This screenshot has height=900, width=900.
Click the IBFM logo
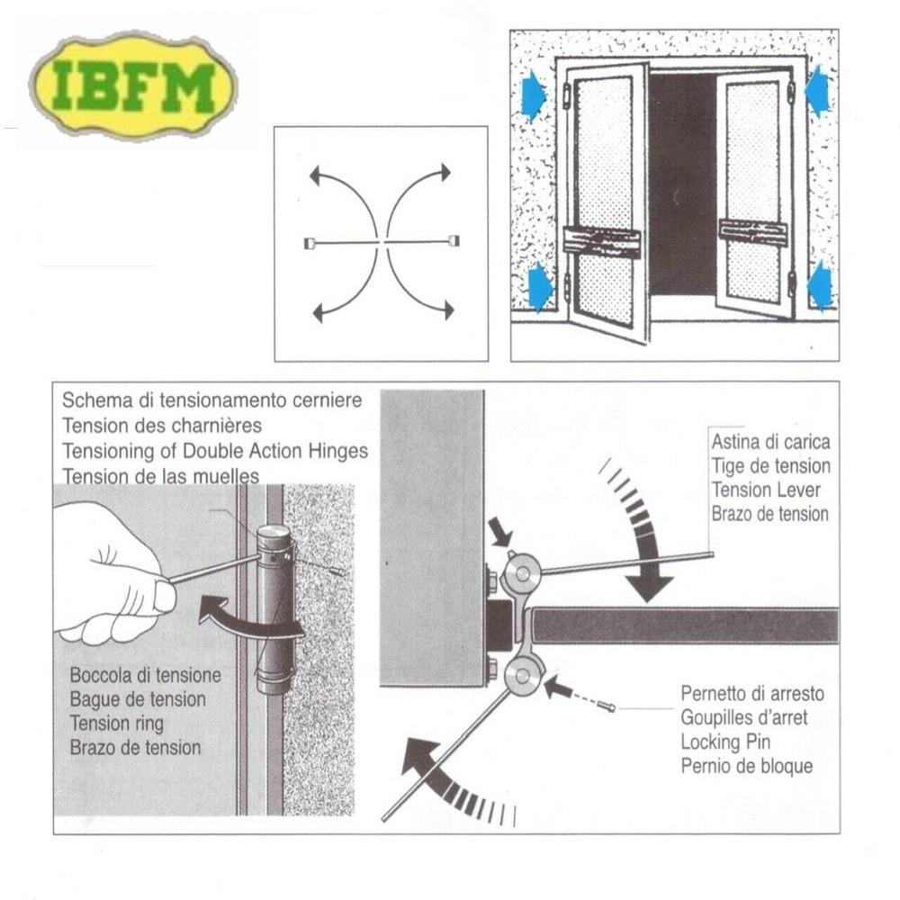tap(133, 85)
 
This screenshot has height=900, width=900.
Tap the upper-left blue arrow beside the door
tap(533, 96)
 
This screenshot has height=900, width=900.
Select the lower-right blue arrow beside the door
tap(820, 286)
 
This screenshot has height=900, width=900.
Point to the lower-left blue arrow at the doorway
tap(539, 286)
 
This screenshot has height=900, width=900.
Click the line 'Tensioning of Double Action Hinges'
tap(215, 452)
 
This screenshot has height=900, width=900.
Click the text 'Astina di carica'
tap(770, 443)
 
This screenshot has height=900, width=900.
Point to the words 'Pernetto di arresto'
tap(751, 695)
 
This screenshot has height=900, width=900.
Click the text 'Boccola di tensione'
tap(145, 675)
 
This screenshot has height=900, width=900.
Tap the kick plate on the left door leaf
tap(601, 241)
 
